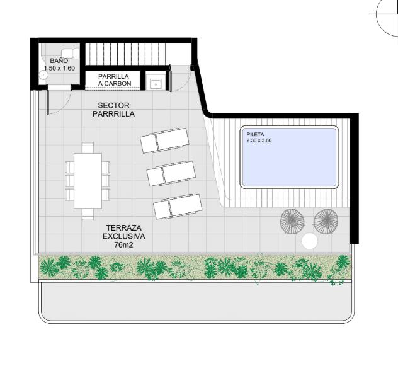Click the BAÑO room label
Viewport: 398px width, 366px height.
pos(59,60)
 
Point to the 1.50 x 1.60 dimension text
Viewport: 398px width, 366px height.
pos(59,68)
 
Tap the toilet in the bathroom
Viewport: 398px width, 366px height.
pos(70,53)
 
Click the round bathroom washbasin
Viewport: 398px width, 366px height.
pos(43,75)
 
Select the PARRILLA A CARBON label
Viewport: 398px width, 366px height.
pos(114,80)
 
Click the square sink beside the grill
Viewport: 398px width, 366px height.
pos(156,84)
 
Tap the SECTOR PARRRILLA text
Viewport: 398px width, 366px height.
pos(113,110)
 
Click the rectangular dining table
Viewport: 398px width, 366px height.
pos(88,181)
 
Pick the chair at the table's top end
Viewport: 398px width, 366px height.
pos(88,147)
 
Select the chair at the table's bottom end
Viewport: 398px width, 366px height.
pos(88,214)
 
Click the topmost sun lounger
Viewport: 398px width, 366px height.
pos(164,140)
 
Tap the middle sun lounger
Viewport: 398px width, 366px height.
pos(171,173)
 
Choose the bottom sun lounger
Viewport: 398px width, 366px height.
pos(178,207)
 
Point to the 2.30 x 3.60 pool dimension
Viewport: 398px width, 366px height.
pos(259,140)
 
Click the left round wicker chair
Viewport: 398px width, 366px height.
pos(292,221)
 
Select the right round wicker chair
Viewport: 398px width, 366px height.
pos(326,221)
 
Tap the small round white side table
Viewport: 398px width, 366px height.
pos(310,241)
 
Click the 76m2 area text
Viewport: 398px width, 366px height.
pos(123,245)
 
